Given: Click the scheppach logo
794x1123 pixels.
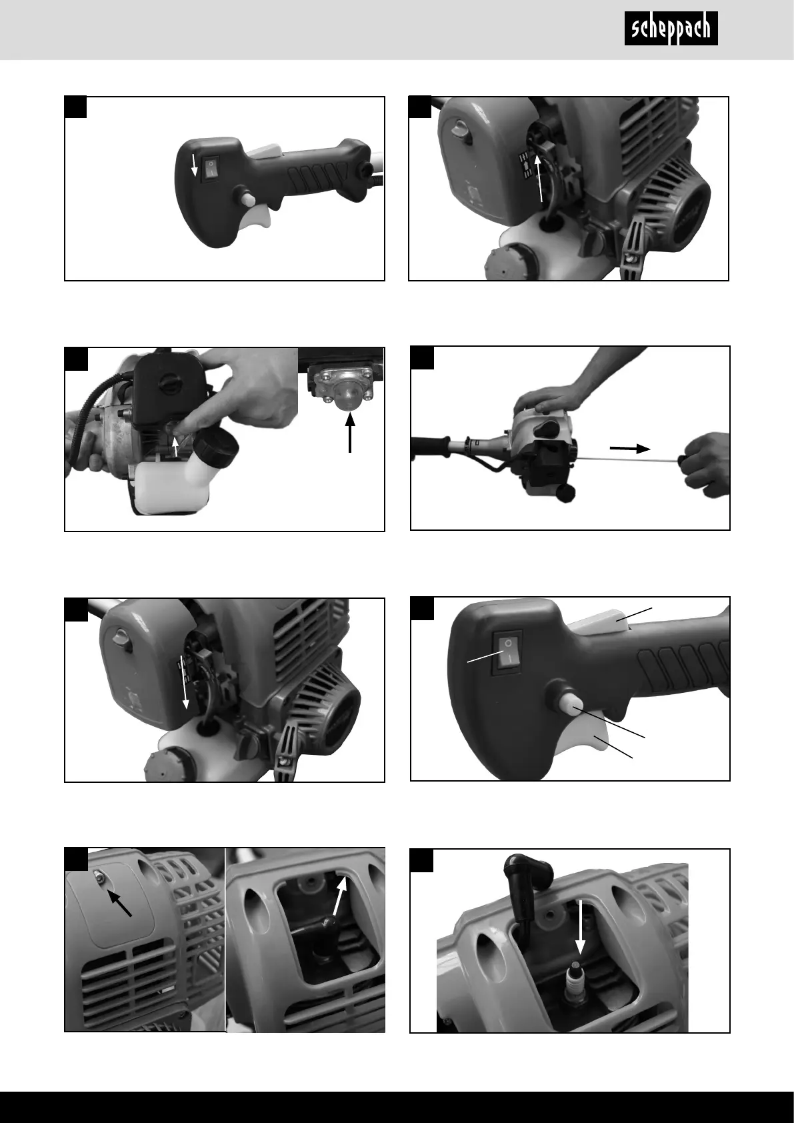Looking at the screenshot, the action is (671, 29).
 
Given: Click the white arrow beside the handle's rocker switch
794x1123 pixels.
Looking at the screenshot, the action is (195, 165).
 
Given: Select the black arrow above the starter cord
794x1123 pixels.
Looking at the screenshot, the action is (630, 449).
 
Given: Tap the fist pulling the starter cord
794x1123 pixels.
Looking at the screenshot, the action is (705, 465).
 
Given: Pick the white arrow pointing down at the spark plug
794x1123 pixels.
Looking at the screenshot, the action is (581, 927).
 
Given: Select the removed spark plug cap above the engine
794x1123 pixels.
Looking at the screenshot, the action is (524, 886).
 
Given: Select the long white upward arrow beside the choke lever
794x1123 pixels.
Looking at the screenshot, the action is (540, 178).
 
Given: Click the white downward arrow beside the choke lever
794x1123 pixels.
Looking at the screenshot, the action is (184, 682).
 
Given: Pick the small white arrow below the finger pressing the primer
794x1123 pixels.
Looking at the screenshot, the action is (175, 445).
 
